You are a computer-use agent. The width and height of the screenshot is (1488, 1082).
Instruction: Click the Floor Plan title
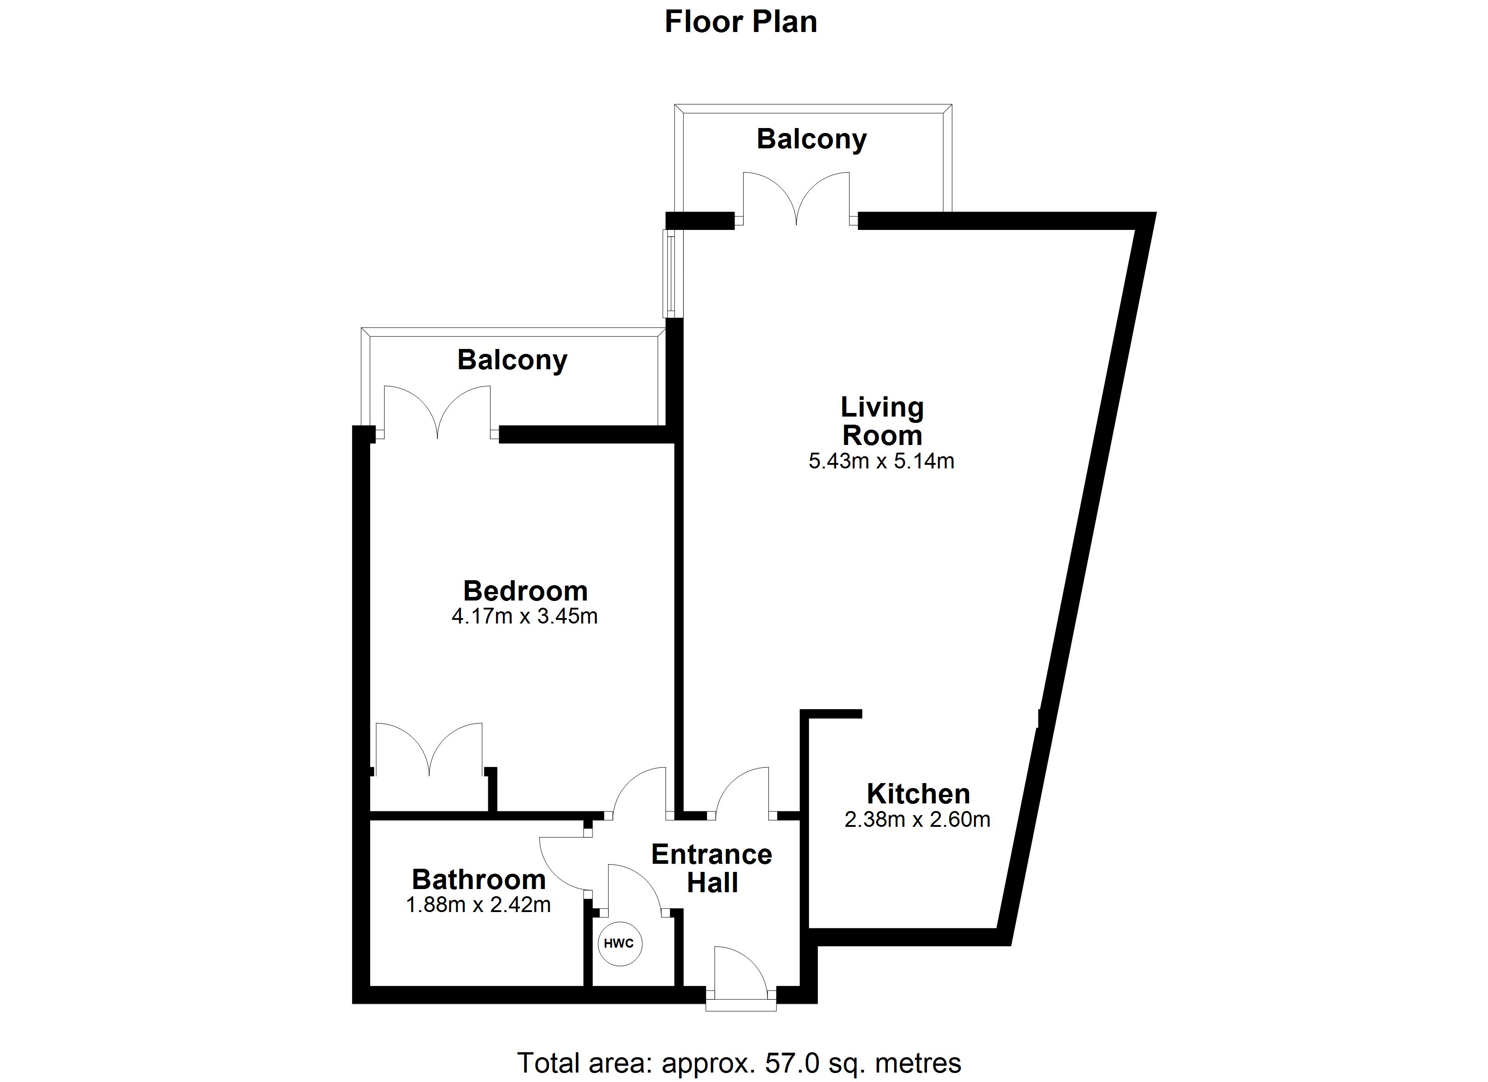click(x=741, y=22)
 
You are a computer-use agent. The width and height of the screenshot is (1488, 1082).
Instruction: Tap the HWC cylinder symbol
click(x=620, y=944)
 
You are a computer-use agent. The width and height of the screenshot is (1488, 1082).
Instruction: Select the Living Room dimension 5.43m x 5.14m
click(x=881, y=461)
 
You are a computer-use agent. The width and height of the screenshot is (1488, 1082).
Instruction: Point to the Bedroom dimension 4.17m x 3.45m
click(x=524, y=617)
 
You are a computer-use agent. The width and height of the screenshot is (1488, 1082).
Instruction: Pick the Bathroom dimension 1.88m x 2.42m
click(x=478, y=905)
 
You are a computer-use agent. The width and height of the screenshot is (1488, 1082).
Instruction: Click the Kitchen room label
click(x=918, y=794)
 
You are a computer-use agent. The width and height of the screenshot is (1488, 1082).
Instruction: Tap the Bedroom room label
click(x=525, y=591)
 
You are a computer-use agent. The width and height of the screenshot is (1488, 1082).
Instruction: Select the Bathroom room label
click(x=479, y=879)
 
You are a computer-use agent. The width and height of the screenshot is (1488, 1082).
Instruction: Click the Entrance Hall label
click(x=712, y=869)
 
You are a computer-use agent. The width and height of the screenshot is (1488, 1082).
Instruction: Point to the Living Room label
click(x=882, y=421)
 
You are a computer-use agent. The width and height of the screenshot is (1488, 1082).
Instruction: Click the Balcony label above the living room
click(x=812, y=140)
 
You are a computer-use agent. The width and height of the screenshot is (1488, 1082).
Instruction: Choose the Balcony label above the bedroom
click(x=512, y=361)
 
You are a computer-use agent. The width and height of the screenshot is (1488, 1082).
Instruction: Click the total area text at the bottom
click(x=739, y=1063)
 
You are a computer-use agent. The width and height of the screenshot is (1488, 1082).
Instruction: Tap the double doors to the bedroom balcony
click(x=437, y=412)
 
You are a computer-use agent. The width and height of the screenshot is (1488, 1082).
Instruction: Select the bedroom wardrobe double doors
click(x=429, y=749)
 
